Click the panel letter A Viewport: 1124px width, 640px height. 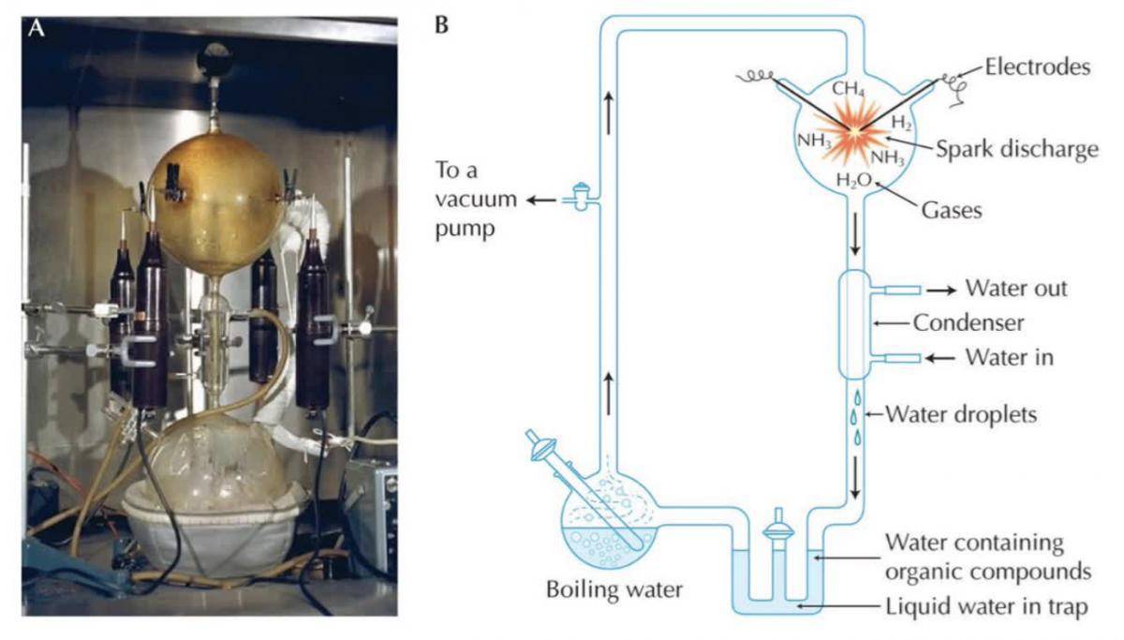tap(37, 29)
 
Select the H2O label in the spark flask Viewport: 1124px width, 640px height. tap(851, 180)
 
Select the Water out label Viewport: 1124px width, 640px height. tap(1016, 288)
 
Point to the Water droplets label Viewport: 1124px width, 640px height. tap(961, 413)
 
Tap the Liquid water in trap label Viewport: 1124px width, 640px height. tap(987, 605)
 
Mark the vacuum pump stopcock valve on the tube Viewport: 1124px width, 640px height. tap(582, 199)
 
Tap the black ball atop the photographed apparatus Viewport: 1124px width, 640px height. tap(211, 62)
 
